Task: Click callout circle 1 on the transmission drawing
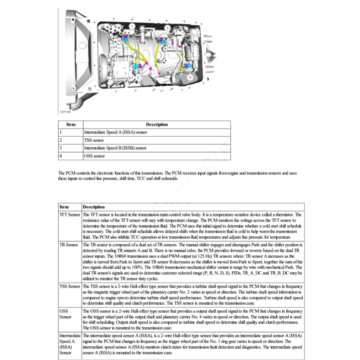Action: (131, 26)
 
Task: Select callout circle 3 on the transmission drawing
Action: (167, 28)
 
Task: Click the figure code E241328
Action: (65, 112)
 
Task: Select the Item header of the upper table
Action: (71, 124)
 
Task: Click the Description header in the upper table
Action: (157, 124)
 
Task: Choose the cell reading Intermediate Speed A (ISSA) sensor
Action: (115, 133)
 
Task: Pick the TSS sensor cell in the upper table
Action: (94, 140)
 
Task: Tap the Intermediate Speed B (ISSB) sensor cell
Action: (115, 148)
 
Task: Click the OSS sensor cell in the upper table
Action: (94, 156)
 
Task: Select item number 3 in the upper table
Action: (60, 148)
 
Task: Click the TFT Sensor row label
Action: (70, 214)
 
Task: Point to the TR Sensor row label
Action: (69, 244)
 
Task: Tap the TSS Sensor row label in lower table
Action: (70, 286)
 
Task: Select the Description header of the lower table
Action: (94, 207)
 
